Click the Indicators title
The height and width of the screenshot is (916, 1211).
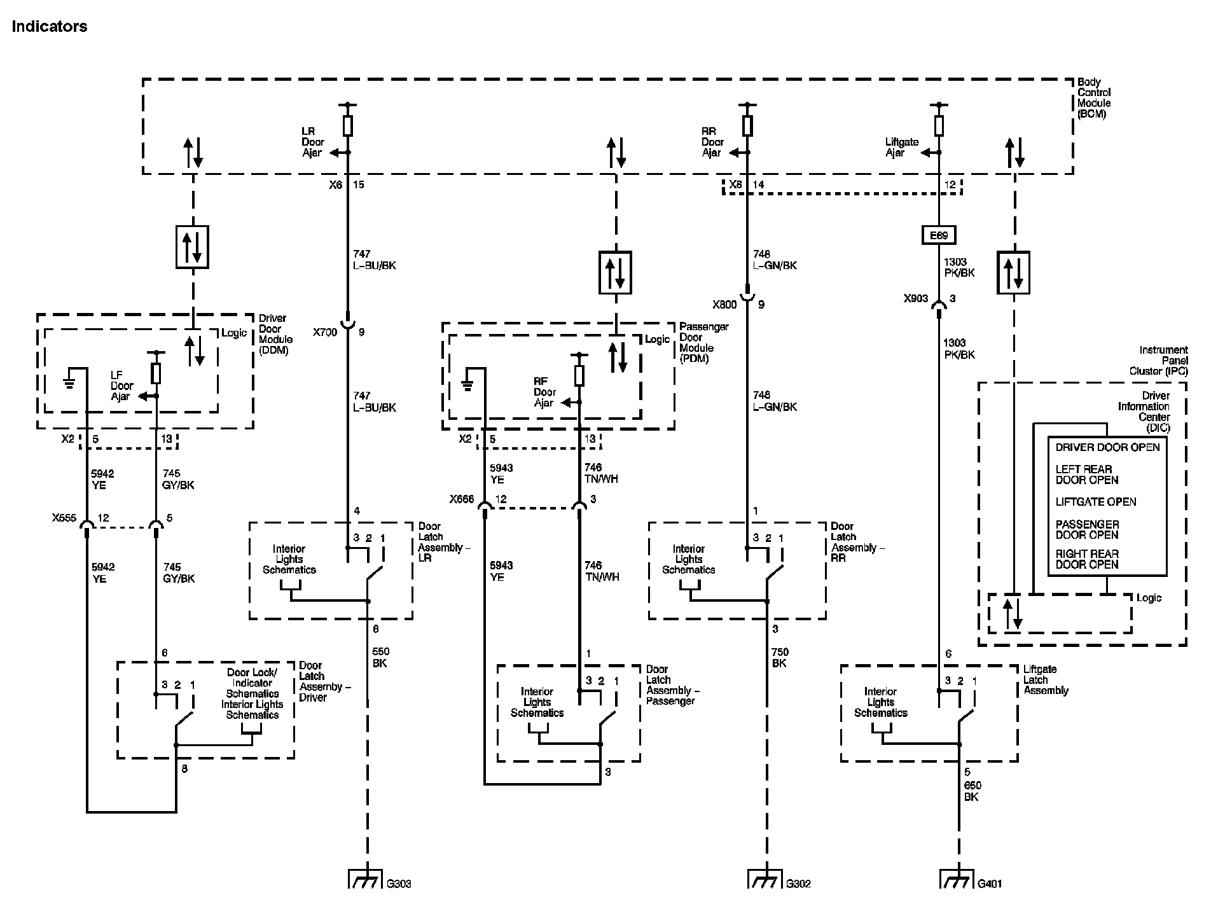50,27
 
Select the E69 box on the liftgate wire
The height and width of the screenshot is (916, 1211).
939,235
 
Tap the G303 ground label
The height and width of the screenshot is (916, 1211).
399,884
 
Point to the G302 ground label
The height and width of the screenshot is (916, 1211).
798,884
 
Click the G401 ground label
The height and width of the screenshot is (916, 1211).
990,884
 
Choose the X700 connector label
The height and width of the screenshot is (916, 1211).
325,332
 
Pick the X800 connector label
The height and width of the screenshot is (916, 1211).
724,305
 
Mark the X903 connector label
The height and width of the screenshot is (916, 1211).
915,298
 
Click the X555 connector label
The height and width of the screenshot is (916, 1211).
65,518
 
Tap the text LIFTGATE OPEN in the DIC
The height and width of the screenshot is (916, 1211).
1096,502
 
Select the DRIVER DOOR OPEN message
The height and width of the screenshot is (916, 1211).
1107,447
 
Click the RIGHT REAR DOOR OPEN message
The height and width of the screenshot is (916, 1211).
1087,559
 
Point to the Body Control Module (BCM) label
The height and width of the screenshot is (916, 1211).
1094,98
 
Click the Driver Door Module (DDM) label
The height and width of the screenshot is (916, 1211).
275,334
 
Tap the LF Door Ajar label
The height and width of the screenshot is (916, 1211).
122,386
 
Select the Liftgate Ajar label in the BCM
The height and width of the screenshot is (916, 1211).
902,147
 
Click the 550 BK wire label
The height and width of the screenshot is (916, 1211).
380,658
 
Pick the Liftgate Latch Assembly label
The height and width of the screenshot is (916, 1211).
1046,680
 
